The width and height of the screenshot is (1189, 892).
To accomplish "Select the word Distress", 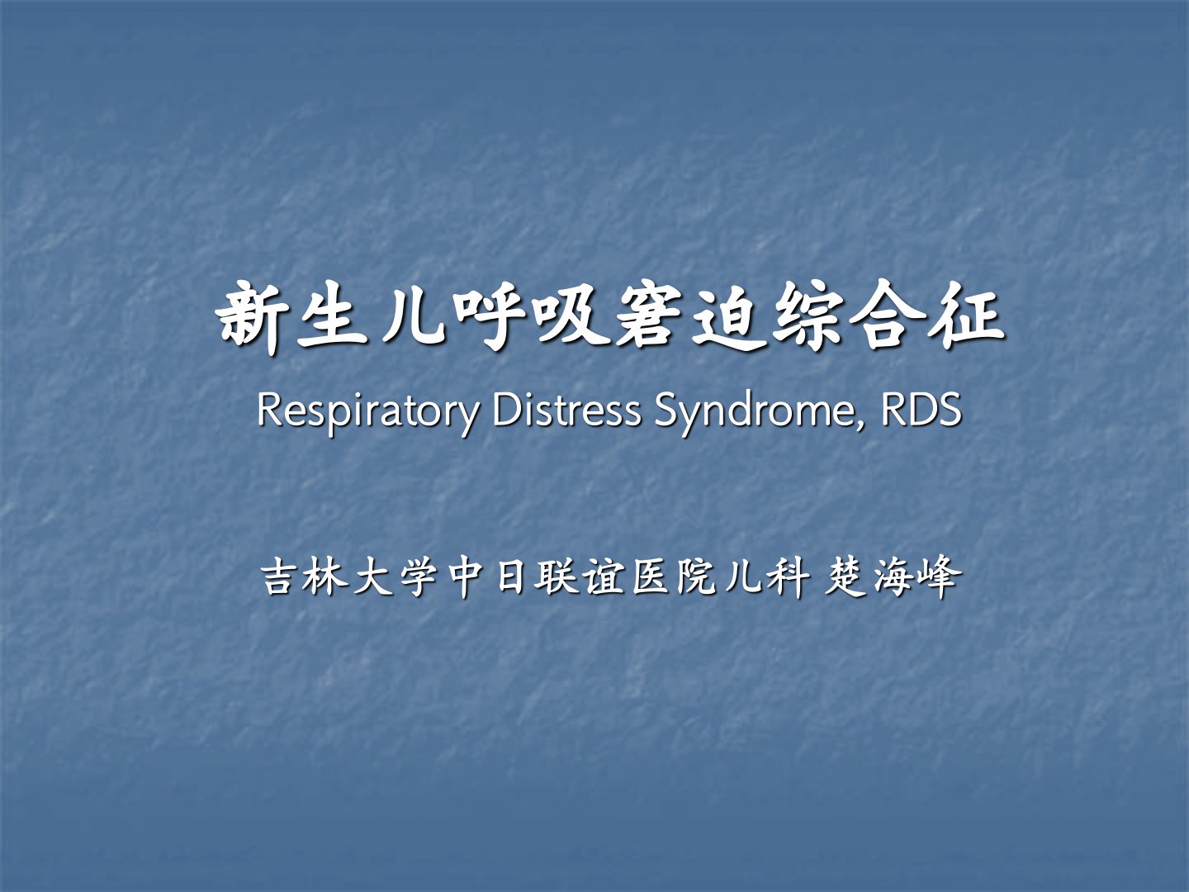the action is [566, 410].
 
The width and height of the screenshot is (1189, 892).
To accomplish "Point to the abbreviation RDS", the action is [921, 410].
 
